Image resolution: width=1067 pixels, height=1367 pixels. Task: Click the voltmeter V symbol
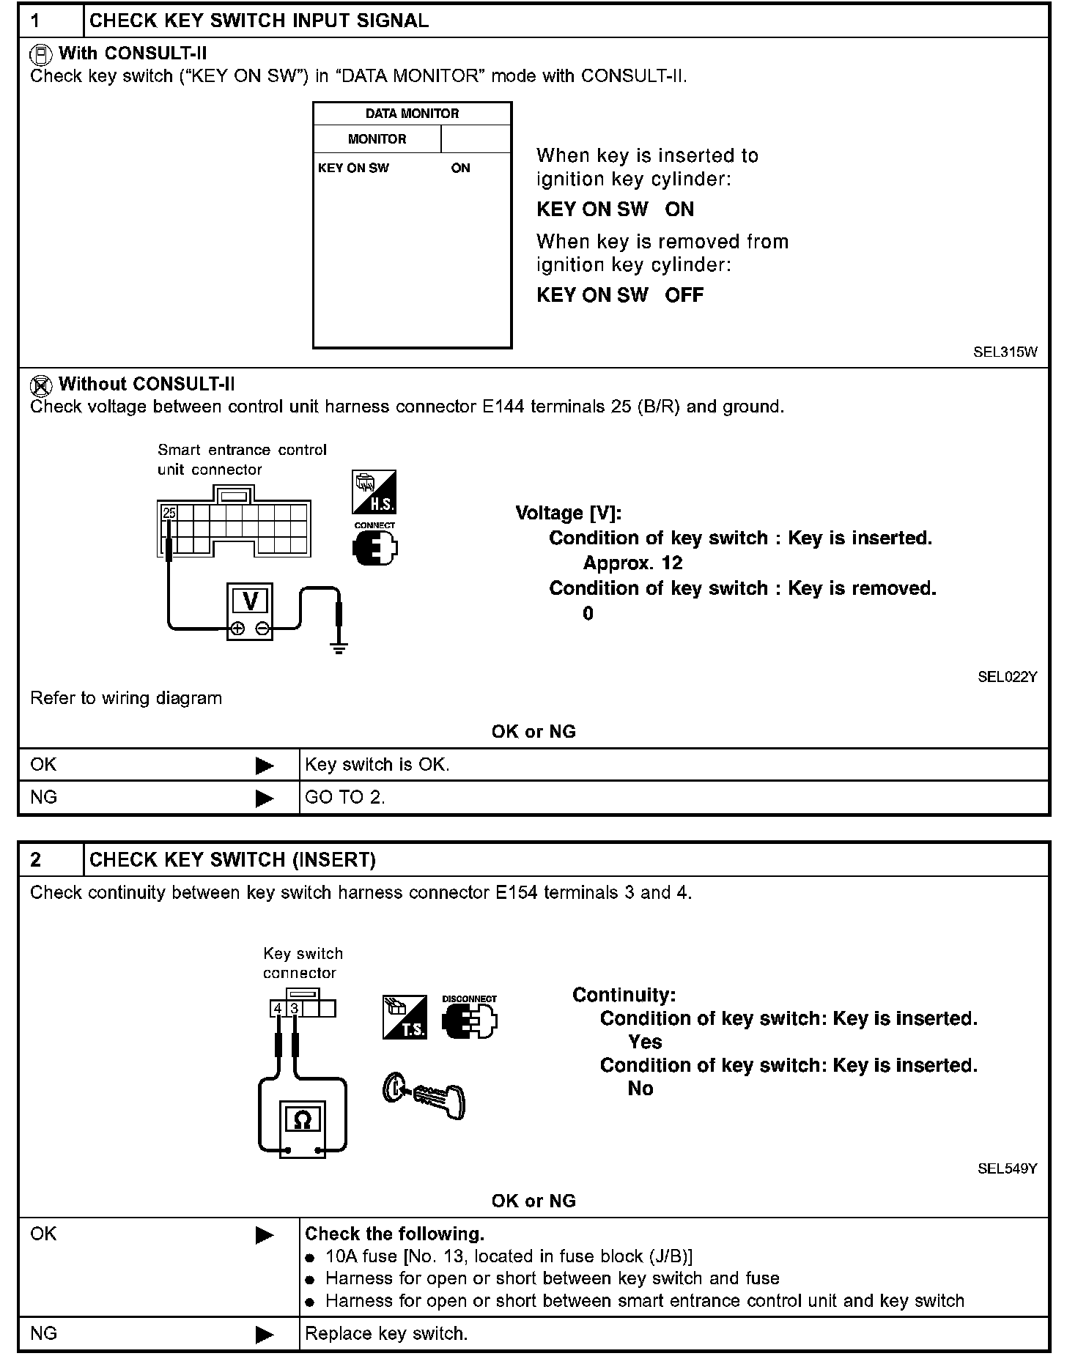click(x=250, y=601)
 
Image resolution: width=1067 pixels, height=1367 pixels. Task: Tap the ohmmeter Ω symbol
click(x=301, y=1119)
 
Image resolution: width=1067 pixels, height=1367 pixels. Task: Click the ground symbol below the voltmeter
click(x=338, y=647)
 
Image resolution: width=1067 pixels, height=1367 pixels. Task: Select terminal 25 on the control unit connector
click(x=169, y=513)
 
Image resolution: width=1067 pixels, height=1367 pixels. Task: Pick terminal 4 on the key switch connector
click(x=278, y=1009)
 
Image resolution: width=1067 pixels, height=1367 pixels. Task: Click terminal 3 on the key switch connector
click(x=294, y=1009)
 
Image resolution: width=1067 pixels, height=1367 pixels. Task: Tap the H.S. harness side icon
click(x=374, y=492)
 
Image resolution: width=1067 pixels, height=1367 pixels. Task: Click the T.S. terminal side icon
click(x=405, y=1017)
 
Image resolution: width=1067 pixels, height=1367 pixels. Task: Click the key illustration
click(x=424, y=1095)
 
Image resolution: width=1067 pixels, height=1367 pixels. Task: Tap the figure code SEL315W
click(x=1005, y=352)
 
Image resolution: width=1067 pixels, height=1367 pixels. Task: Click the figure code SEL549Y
click(x=1007, y=1168)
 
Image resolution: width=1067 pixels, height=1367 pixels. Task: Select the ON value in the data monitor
click(x=460, y=168)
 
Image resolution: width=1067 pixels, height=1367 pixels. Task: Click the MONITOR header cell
click(x=377, y=139)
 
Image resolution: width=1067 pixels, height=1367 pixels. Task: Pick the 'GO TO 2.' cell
click(x=345, y=797)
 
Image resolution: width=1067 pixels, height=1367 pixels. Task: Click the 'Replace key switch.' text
click(x=386, y=1333)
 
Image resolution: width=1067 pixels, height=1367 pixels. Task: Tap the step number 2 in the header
click(x=37, y=859)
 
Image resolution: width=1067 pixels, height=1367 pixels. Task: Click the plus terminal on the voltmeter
click(x=237, y=629)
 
